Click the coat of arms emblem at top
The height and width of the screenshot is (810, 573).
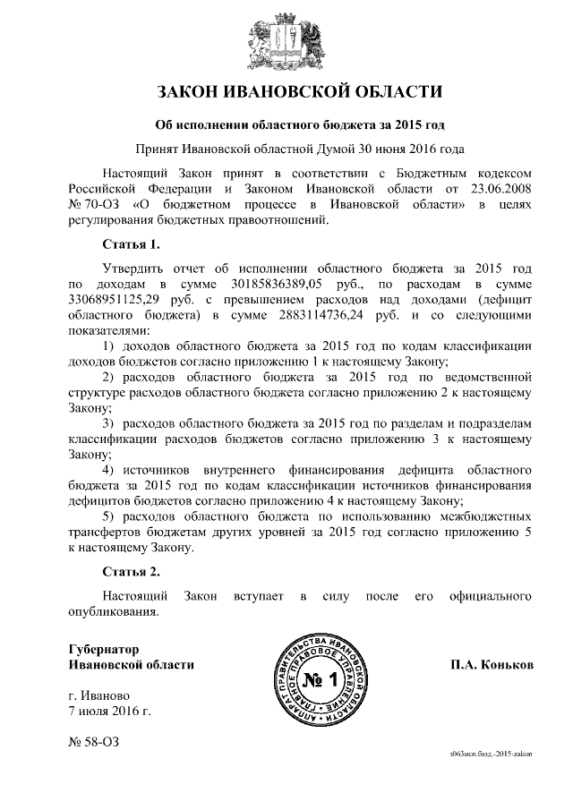(x=286, y=39)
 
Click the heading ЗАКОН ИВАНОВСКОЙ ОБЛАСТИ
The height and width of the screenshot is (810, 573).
(x=286, y=92)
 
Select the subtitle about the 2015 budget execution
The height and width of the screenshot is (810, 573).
(x=286, y=124)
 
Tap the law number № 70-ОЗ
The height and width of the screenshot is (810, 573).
(x=93, y=206)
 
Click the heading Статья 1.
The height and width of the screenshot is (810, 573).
(x=131, y=244)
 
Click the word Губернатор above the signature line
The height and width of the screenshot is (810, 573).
(x=104, y=649)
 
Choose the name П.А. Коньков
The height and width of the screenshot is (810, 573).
(x=492, y=666)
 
